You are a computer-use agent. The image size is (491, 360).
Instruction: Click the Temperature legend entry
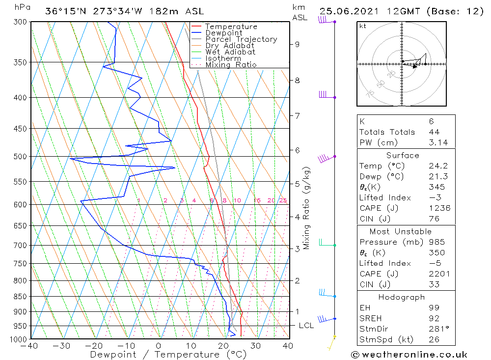click(x=230, y=27)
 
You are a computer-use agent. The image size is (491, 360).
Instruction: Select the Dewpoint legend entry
click(x=223, y=33)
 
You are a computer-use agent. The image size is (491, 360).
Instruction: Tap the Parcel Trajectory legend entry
click(x=241, y=39)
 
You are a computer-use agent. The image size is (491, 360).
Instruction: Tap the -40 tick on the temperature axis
click(x=30, y=346)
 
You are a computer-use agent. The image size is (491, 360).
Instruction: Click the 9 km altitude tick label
click(x=297, y=44)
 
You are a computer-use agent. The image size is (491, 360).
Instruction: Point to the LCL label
click(x=306, y=326)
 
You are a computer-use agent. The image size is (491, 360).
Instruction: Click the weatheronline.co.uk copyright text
click(x=409, y=355)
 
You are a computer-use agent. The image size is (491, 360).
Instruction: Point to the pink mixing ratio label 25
click(x=283, y=200)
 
